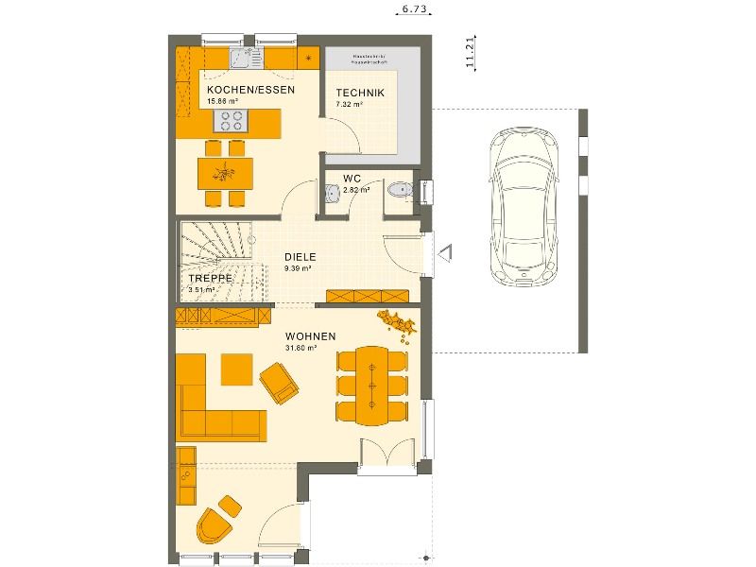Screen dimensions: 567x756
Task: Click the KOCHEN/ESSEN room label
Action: (250, 90)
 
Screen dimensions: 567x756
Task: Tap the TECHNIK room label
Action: (359, 93)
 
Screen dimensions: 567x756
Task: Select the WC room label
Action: (352, 178)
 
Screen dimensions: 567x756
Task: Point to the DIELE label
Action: (300, 256)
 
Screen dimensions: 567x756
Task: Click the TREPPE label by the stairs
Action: (210, 280)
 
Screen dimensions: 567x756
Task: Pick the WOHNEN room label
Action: (310, 335)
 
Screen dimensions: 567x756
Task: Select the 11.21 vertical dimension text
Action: (470, 52)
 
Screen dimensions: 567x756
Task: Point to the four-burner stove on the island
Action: (231, 120)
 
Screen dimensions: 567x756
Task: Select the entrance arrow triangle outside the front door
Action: (446, 252)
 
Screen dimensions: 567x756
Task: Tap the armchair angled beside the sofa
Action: (280, 385)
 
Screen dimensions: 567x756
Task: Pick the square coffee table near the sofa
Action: (236, 368)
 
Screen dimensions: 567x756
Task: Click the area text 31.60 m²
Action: (301, 347)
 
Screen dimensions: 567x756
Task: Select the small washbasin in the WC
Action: (332, 194)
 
